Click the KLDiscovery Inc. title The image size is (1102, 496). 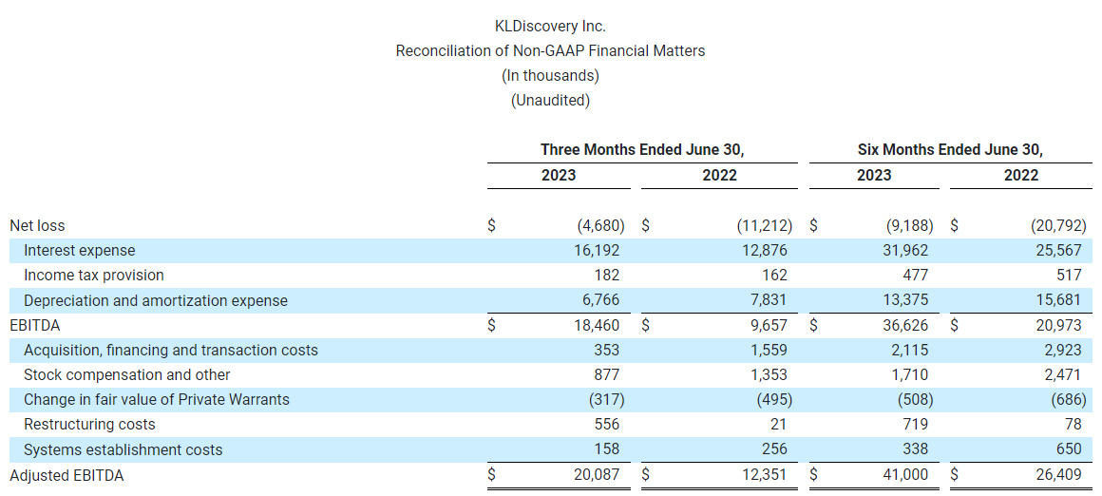point(550,26)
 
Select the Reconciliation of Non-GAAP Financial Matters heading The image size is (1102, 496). point(550,50)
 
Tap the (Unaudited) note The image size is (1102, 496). point(550,100)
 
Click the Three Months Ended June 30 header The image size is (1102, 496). point(641,150)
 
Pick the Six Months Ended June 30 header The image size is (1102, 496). point(950,150)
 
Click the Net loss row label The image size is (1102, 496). point(37,226)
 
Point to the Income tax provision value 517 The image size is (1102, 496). point(1069,276)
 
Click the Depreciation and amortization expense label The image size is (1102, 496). point(156,300)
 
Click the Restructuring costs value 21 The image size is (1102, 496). point(778,425)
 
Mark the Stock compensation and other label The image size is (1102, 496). point(127,375)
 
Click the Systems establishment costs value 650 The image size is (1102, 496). point(1069,449)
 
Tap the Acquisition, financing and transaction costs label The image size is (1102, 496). point(171,351)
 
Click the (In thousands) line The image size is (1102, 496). point(550,75)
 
